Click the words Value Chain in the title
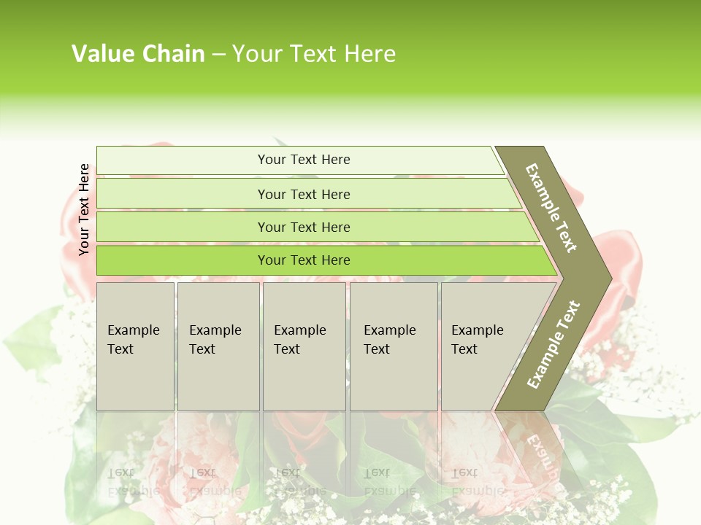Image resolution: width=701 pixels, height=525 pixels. point(138,54)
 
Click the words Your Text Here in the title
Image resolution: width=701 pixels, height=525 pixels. point(314,54)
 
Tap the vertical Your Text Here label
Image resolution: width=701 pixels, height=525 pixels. point(84,209)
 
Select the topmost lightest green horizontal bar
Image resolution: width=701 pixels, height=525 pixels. point(183,160)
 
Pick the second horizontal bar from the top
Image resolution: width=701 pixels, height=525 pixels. point(183,194)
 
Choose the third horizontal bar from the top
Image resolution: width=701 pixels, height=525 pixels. point(183,227)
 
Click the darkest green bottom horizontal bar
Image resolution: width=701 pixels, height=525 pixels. point(183,260)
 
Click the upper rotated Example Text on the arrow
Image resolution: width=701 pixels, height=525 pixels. point(551,208)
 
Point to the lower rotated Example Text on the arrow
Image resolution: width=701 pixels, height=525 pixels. point(553,345)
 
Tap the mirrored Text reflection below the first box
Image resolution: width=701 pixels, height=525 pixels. point(121,472)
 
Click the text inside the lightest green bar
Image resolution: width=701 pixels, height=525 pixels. point(304,160)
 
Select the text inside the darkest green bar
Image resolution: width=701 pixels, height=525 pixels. point(304,260)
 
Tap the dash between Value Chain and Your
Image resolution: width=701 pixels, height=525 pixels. point(218,55)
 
